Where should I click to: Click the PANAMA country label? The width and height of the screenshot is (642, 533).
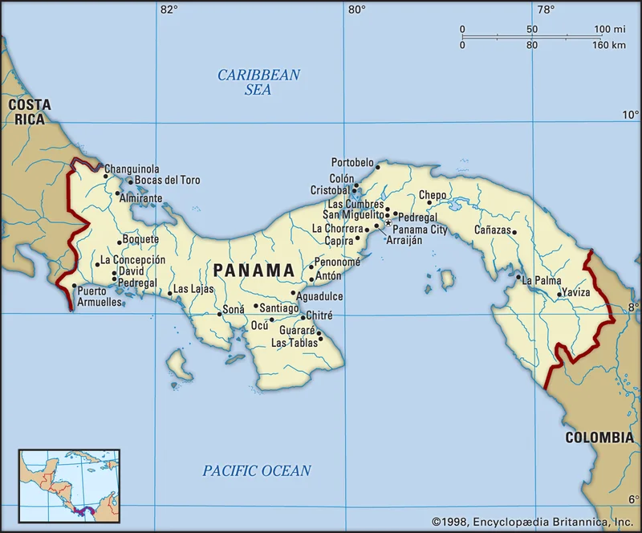(x=254, y=271)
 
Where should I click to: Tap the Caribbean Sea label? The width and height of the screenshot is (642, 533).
(x=258, y=82)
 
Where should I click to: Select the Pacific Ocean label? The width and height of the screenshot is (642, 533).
(x=256, y=471)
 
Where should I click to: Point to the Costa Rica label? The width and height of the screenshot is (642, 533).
(x=29, y=112)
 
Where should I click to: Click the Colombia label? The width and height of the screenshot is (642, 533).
(x=599, y=437)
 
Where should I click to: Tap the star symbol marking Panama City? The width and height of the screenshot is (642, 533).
(x=388, y=223)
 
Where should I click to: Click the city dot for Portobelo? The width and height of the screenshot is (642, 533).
(x=377, y=167)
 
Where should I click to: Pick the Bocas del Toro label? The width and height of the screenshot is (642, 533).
(x=168, y=181)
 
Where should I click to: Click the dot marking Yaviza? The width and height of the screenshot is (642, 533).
(x=559, y=294)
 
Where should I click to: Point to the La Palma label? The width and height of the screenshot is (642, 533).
(x=542, y=281)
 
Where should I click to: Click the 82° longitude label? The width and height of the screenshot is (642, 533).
(x=169, y=10)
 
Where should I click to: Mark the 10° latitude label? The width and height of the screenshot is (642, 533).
(x=631, y=115)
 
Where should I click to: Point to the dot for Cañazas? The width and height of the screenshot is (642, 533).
(x=514, y=232)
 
